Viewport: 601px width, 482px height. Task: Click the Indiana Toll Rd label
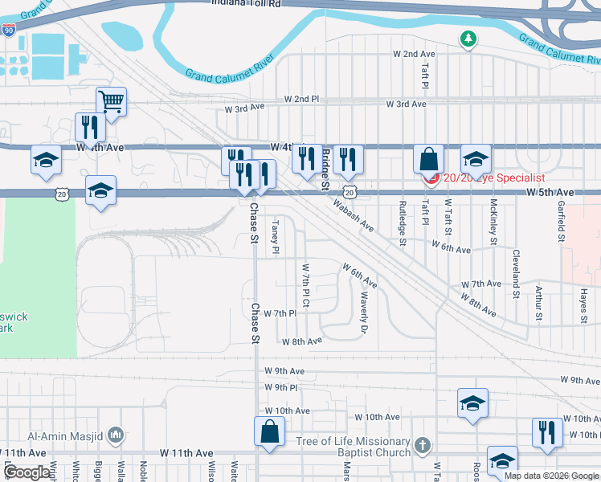[247, 4]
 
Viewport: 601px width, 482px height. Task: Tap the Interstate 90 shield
[8, 31]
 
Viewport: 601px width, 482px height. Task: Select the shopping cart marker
[111, 102]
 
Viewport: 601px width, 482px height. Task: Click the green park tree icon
[468, 38]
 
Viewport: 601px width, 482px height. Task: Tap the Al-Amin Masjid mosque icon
[117, 435]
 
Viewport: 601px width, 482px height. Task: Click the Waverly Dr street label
[363, 312]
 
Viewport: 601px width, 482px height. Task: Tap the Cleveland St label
[516, 270]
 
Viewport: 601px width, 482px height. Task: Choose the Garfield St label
[561, 221]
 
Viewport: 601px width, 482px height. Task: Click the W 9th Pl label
[281, 387]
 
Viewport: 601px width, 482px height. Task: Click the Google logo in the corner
[27, 472]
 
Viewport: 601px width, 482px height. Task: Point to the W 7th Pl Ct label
[305, 284]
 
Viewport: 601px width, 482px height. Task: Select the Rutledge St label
[403, 223]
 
